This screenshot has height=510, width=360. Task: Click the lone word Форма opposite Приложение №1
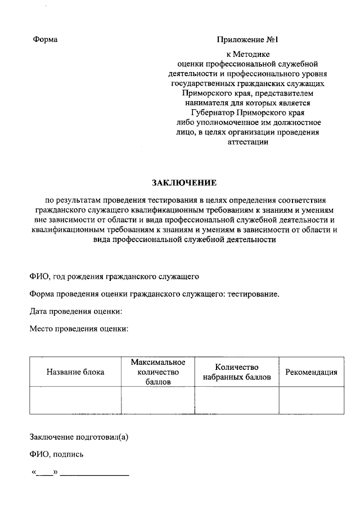46,39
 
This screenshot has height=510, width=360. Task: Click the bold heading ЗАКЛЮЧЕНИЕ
184,184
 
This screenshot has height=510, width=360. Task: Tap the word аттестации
248,142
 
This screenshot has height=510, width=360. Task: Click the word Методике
255,55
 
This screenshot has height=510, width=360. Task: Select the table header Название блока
75,372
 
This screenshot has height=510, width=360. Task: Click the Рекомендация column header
312,372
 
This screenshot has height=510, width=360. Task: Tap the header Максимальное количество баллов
158,372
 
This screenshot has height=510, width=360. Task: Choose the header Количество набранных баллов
237,372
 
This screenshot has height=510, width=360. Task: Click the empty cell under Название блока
75,400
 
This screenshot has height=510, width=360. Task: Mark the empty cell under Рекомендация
312,400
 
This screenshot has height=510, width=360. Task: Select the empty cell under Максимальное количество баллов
158,400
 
